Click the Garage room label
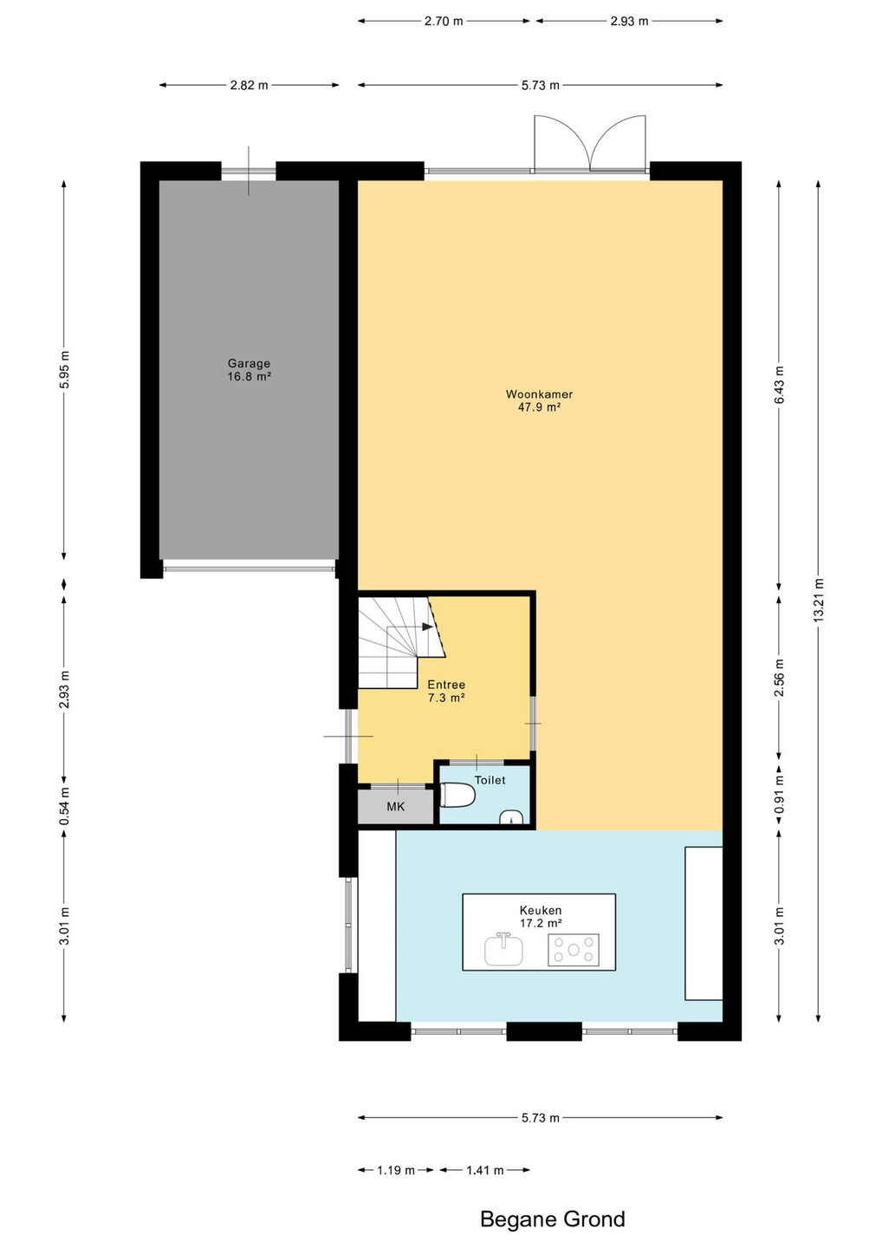click(249, 364)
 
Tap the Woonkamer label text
click(539, 393)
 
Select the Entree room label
click(446, 685)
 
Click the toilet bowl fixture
click(457, 795)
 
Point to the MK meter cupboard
click(395, 806)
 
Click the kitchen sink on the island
click(503, 950)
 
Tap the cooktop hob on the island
click(574, 950)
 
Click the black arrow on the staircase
click(428, 627)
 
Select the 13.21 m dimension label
click(818, 601)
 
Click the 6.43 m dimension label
click(779, 385)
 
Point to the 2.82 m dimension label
click(249, 85)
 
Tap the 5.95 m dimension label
click(65, 370)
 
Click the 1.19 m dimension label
click(396, 1170)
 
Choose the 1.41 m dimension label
click(485, 1170)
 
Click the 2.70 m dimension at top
click(444, 21)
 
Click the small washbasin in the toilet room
click(510, 817)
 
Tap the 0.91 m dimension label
click(779, 794)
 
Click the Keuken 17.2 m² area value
click(541, 923)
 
